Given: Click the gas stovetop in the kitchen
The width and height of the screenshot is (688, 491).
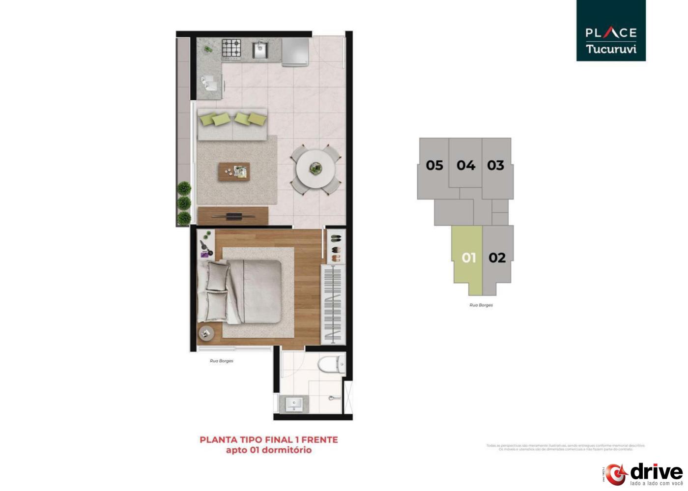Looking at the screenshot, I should point(231,48).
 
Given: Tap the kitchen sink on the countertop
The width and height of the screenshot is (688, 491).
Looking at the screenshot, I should point(260,49).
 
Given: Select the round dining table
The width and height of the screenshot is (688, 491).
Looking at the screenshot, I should point(315,169).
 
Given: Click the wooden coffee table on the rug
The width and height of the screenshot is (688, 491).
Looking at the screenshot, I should point(234,172).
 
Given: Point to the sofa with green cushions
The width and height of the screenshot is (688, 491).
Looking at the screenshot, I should point(232,124).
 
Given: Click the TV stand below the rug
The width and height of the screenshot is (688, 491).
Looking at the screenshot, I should point(233,216).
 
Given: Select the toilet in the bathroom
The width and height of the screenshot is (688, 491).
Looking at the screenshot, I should point(332,365).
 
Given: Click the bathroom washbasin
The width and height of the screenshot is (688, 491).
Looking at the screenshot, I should point(294,404).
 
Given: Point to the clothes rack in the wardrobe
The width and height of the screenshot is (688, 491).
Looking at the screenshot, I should point(333,304).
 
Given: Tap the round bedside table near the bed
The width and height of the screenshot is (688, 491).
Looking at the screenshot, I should point(206,333).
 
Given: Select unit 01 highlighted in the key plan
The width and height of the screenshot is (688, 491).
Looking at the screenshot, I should point(468,258).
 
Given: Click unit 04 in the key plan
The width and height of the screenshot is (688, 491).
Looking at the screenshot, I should point(465,165).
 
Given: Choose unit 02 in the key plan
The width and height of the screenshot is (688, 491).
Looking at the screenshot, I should point(497,258).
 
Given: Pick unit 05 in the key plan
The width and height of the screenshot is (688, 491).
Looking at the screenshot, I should point(434,165).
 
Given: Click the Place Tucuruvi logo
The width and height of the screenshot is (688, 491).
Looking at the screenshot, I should point(611,30).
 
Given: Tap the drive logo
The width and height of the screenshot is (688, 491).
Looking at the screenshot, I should point(644,474).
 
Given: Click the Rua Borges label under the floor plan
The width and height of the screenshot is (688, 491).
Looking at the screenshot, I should point(221,361).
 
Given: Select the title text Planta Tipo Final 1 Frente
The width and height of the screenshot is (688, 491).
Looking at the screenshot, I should point(268,440).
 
